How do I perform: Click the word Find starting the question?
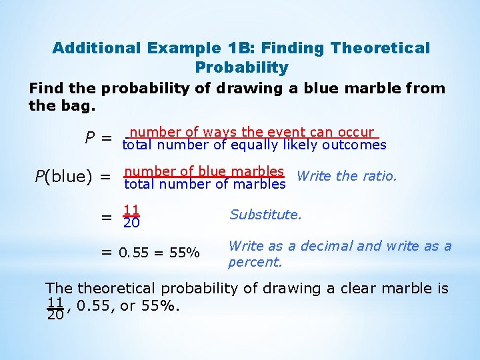pos(47,89)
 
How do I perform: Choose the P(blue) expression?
pos(64,177)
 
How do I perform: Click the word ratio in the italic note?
pos(378,176)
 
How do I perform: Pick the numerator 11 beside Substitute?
pos(131,209)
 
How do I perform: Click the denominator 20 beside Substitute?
pos(131,222)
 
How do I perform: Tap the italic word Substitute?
pos(265,215)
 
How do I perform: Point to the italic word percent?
pos(255,262)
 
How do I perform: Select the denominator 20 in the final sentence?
pos(55,315)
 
